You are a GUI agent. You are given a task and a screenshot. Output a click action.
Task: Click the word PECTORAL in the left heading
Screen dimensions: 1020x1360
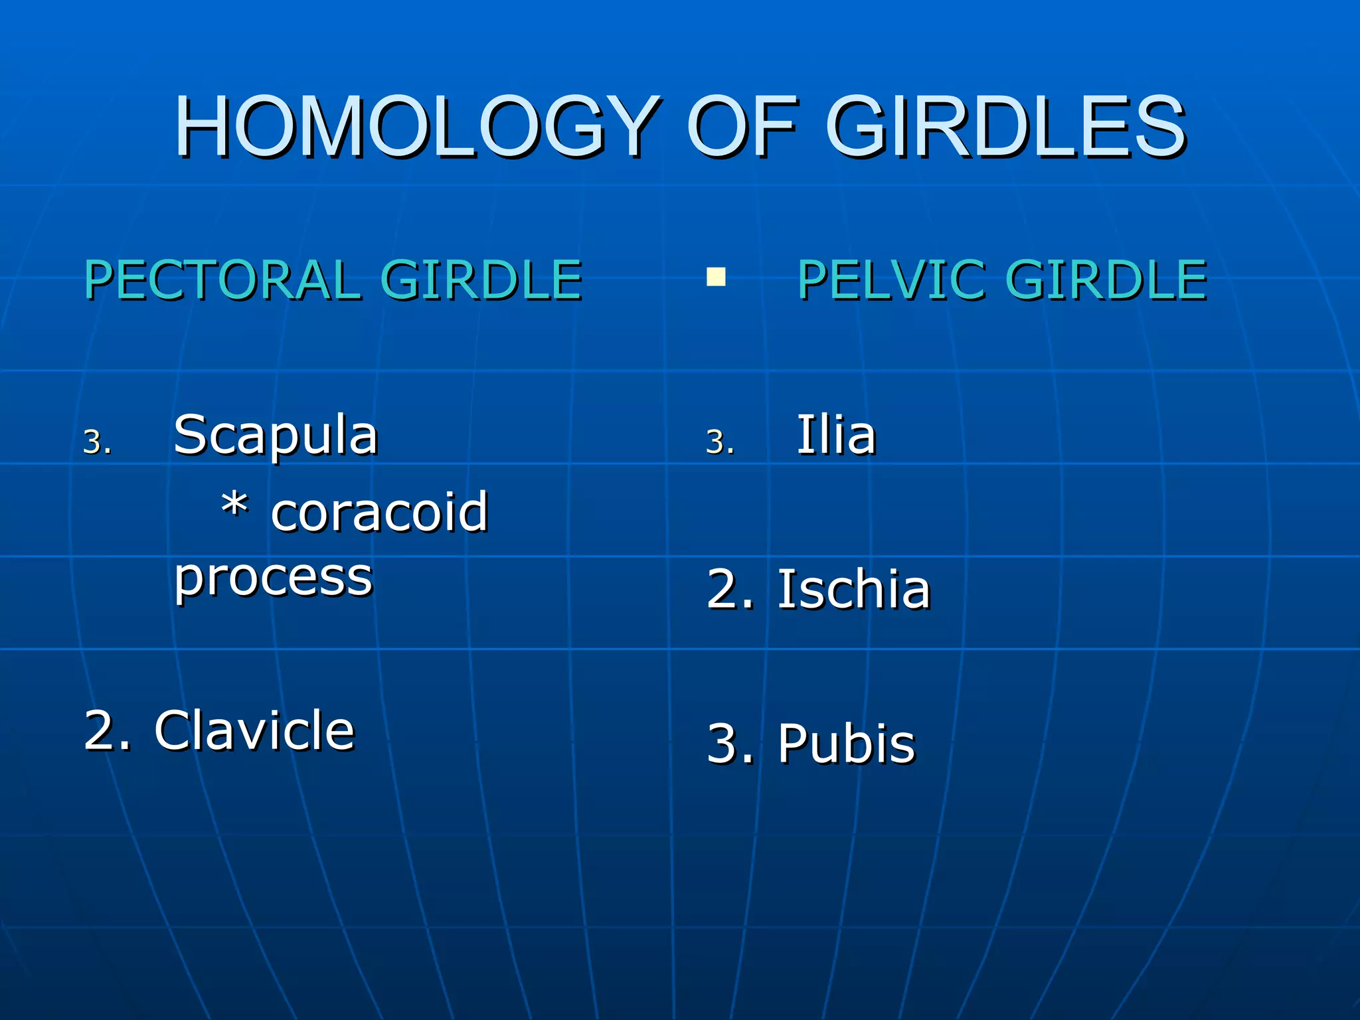point(222,280)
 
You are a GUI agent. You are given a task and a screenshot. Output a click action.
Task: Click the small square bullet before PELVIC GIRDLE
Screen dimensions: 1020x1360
point(716,277)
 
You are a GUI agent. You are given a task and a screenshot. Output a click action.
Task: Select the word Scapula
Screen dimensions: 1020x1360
point(276,436)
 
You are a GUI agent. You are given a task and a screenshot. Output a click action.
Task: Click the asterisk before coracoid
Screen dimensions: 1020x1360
point(235,506)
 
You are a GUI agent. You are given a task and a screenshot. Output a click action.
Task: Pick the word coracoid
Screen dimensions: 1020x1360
point(380,512)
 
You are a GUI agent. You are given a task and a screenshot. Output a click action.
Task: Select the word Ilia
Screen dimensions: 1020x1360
point(836,436)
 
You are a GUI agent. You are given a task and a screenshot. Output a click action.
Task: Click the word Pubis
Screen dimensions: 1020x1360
point(847,743)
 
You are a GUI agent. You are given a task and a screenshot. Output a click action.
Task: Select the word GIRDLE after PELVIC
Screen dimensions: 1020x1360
point(1106,280)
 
